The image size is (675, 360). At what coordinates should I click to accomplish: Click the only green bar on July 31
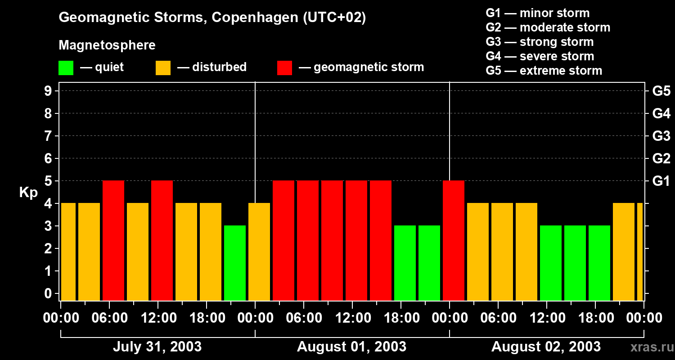(x=235, y=263)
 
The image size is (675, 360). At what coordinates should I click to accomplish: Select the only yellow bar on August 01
(x=259, y=252)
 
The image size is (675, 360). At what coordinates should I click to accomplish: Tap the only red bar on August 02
(x=454, y=240)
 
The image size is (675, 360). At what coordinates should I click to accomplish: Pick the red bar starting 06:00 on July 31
(x=113, y=240)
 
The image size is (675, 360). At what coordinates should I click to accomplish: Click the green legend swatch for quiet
(x=66, y=68)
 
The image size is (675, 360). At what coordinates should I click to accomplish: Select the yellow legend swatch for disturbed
(x=163, y=68)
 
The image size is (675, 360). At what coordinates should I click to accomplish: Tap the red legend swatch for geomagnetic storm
(x=285, y=68)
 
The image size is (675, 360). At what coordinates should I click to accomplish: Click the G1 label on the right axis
(x=661, y=181)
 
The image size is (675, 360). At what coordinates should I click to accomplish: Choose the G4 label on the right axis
(x=661, y=113)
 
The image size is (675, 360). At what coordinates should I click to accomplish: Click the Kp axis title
(x=28, y=192)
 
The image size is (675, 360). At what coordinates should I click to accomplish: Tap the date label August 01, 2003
(x=351, y=346)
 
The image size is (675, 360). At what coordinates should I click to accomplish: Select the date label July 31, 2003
(x=157, y=346)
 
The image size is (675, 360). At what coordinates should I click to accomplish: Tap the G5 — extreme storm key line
(x=544, y=71)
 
